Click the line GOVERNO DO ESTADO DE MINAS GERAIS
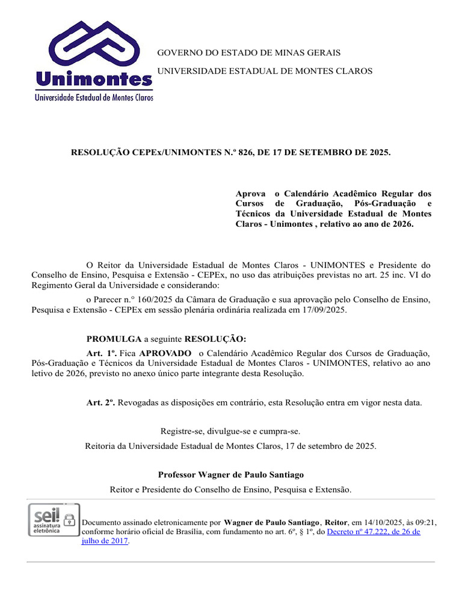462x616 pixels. coord(249,53)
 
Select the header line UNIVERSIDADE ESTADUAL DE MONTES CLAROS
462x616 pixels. coord(265,71)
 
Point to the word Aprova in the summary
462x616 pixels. coord(251,194)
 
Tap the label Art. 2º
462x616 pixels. coord(101,402)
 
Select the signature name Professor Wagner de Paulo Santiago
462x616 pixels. coord(231,475)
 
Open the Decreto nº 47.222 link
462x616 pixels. coord(373,532)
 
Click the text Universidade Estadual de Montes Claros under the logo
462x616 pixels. coord(94,96)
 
